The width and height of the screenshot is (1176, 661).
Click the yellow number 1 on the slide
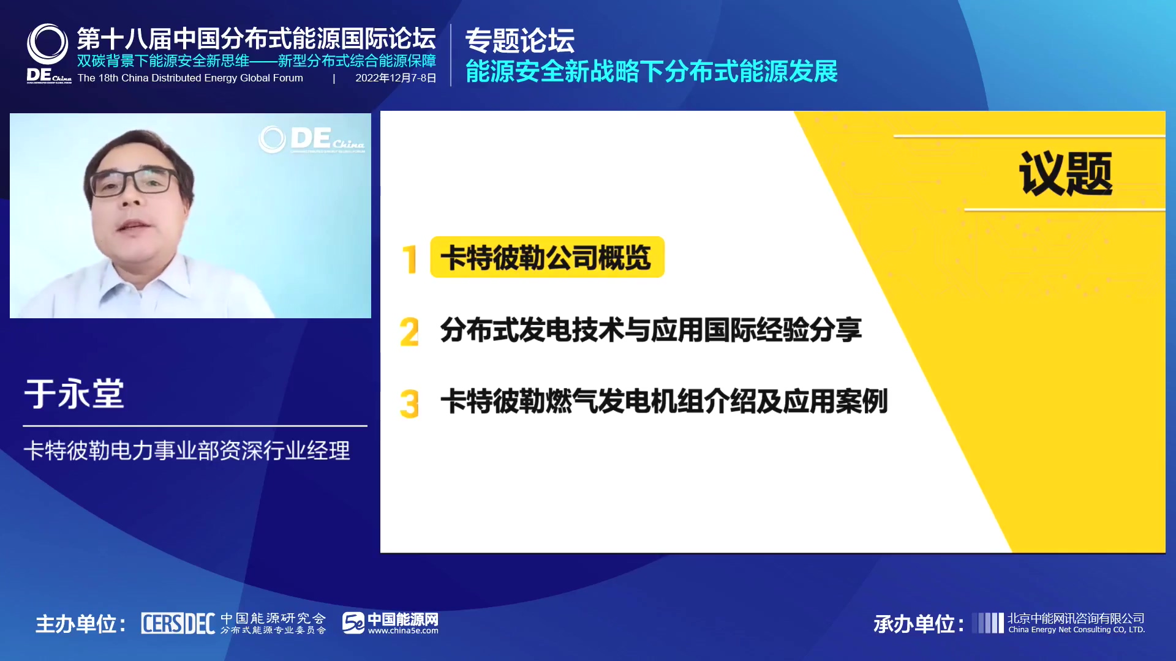coord(410,259)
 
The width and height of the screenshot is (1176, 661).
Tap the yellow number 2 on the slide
coord(409,332)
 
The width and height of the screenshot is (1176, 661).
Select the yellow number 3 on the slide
coord(409,404)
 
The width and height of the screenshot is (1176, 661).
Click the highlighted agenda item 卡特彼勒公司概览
coord(547,257)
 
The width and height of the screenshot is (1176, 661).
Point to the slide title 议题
coord(1066,174)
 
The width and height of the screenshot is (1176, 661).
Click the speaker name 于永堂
coord(74,394)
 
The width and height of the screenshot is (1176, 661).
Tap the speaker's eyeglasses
coord(134,182)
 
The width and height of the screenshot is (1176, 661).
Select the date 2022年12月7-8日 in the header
coord(396,78)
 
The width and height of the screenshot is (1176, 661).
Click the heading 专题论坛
coord(519,41)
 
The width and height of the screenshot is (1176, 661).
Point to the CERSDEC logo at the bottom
coord(178,624)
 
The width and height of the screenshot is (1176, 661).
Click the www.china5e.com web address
coord(403,631)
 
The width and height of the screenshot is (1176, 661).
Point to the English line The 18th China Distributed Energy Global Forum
coord(190,78)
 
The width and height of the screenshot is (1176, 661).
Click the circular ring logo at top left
coord(47,44)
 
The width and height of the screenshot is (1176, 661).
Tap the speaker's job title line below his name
coord(187,451)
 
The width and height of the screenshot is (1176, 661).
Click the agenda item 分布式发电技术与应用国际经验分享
coord(650,330)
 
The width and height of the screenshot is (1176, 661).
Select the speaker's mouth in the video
coord(134,226)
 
